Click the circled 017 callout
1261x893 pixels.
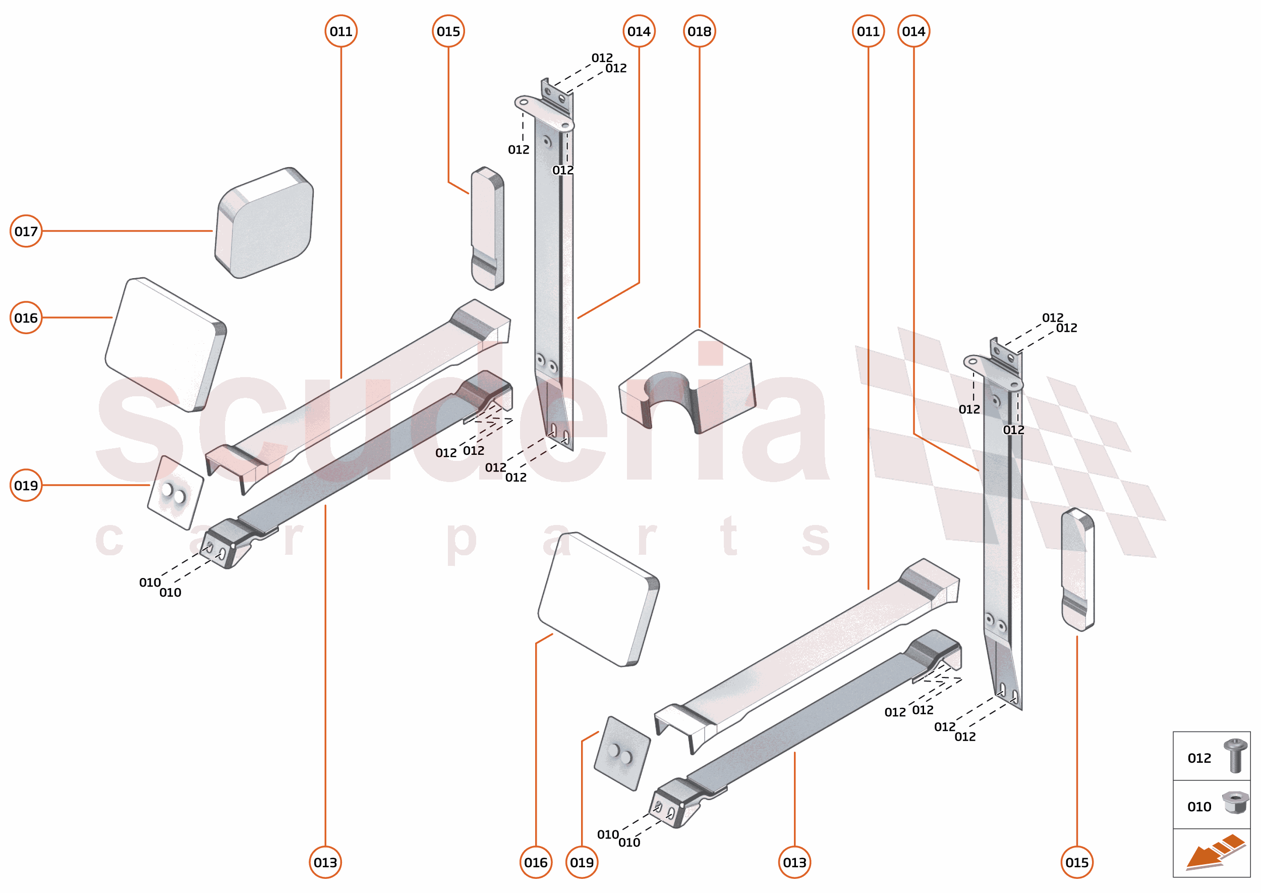(26, 231)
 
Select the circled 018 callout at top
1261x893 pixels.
(699, 31)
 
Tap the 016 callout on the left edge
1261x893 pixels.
(26, 318)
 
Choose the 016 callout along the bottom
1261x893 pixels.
(535, 862)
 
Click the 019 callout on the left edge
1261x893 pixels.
(26, 485)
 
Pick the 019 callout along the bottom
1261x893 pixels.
(582, 862)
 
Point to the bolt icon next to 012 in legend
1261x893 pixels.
(1235, 756)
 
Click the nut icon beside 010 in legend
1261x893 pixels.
(1235, 803)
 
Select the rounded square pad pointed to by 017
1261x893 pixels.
(264, 223)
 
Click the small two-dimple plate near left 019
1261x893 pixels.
(175, 492)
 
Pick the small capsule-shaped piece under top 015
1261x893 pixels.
(487, 228)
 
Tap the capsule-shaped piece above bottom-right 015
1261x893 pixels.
(1077, 569)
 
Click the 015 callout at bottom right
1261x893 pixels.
(1076, 862)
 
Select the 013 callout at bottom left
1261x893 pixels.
(325, 862)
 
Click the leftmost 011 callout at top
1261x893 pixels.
(340, 31)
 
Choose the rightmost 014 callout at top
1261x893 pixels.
(913, 31)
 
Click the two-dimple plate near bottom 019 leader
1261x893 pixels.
(622, 753)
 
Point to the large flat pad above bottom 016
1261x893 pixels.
(598, 599)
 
